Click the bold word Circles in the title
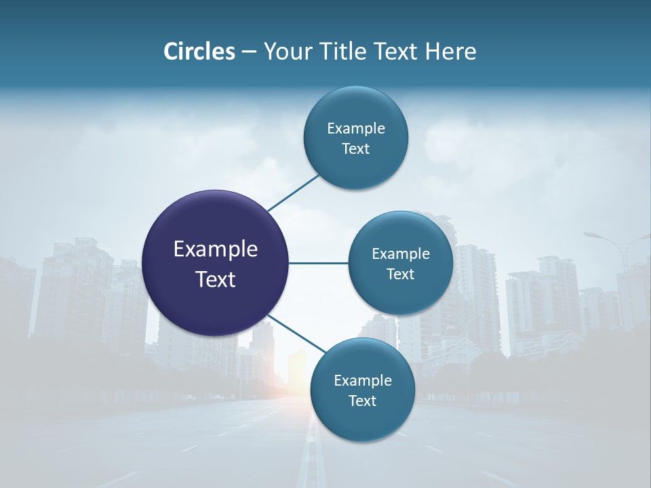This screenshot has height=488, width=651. tap(199, 52)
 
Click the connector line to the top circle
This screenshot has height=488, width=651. tap(293, 192)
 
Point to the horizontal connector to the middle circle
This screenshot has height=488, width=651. tap(319, 263)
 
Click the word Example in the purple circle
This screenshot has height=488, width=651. tap(216, 249)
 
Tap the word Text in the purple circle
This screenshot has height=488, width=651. tap(216, 279)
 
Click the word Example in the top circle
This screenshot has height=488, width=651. tap(355, 129)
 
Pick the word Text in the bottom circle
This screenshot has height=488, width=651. tap(362, 401)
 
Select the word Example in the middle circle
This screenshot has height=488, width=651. tap(400, 254)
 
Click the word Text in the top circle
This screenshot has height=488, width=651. tap(355, 149)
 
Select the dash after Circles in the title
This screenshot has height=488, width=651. tap(249, 52)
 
